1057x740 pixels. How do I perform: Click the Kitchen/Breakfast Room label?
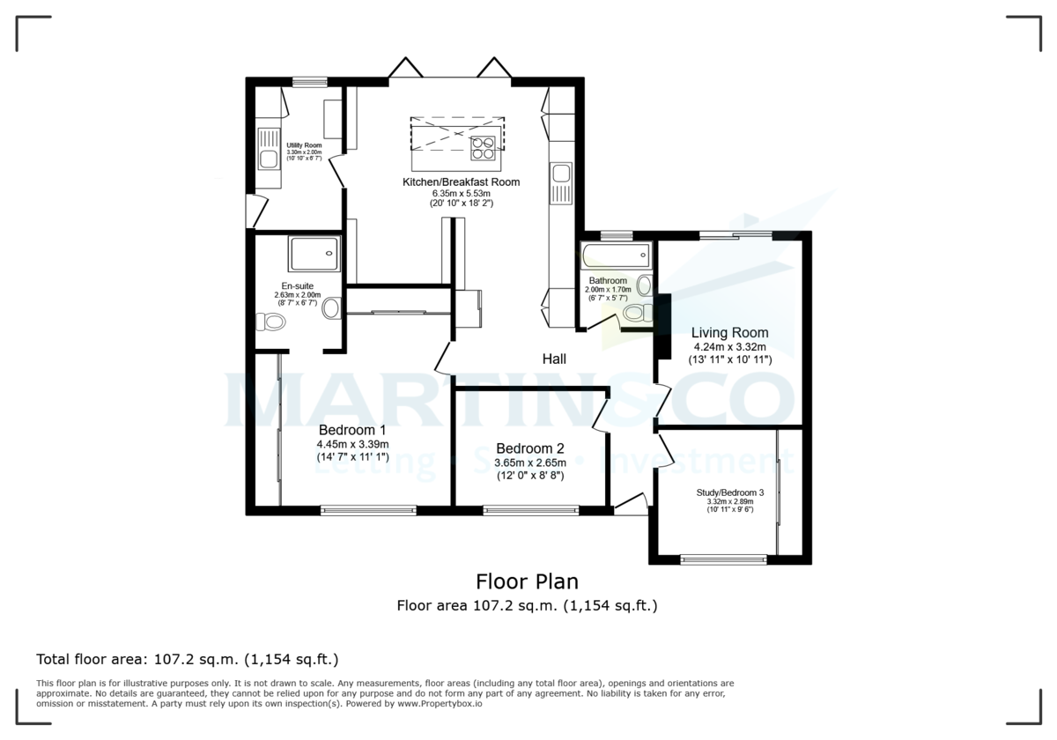click(461, 182)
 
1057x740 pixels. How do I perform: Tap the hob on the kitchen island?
click(483, 147)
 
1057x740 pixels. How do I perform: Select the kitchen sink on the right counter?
click(560, 186)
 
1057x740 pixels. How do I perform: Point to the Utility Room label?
click(304, 145)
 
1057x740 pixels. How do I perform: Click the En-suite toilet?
click(271, 322)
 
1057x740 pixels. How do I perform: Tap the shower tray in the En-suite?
click(313, 253)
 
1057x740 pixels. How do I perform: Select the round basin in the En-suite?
click(332, 308)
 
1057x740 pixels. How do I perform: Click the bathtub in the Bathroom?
click(616, 257)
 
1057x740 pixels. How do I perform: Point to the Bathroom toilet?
click(640, 312)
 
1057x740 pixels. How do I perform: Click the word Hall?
click(553, 359)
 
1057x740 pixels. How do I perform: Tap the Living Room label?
click(729, 333)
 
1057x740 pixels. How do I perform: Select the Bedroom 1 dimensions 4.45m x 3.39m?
click(352, 444)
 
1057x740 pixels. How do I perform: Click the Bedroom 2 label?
click(529, 448)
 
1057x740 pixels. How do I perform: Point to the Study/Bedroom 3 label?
click(729, 492)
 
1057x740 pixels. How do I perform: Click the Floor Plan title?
click(528, 581)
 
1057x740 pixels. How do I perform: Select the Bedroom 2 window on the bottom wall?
click(531, 509)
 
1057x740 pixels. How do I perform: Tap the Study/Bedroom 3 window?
click(724, 559)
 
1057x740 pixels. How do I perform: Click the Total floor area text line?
click(187, 659)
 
